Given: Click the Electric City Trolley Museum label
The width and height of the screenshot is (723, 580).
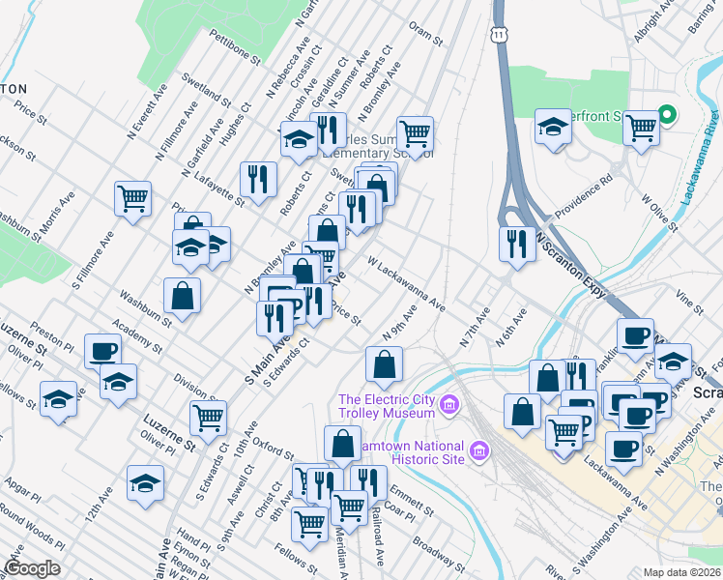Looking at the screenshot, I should [387, 406].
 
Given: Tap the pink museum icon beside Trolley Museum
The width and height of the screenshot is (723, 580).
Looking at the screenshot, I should [448, 403].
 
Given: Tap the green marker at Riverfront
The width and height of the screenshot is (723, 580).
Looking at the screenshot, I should [667, 114].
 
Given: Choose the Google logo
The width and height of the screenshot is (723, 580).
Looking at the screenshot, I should [31, 568].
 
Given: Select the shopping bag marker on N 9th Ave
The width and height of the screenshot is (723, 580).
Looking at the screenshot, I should [384, 366].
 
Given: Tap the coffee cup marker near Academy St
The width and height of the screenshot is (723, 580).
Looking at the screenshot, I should [102, 351].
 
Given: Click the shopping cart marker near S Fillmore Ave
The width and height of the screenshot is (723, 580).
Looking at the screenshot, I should [132, 198].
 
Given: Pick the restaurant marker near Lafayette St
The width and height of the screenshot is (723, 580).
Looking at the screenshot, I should [258, 178].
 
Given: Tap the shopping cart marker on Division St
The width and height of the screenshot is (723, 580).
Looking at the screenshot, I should [209, 418].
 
